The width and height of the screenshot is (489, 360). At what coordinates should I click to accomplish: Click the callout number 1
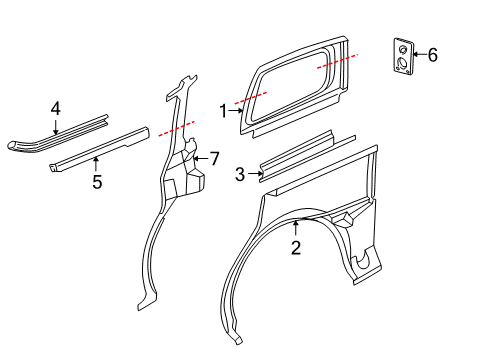223,112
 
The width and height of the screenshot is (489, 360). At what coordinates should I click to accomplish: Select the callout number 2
296,247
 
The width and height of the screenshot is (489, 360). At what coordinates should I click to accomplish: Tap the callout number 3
240,174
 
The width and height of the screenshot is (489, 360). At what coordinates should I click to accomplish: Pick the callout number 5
97,181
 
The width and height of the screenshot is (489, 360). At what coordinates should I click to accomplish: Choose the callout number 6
432,55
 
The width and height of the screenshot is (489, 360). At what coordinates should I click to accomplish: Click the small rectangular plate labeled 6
400,57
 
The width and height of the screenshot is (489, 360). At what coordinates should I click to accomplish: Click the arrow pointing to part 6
418,55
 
